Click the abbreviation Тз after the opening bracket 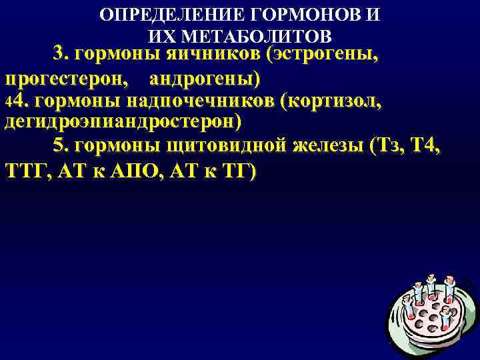(387, 147)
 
